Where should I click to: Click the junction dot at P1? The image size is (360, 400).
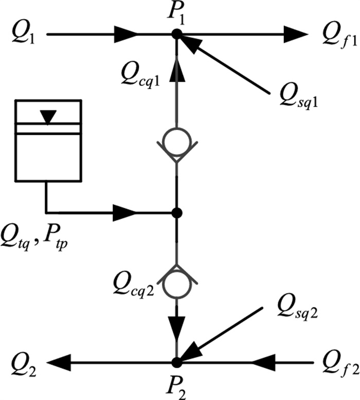tap(176, 34)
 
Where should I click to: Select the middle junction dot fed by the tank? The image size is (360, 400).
tap(176, 212)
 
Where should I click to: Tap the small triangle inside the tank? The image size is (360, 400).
tap(48, 118)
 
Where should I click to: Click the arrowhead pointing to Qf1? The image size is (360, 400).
tap(294, 34)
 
